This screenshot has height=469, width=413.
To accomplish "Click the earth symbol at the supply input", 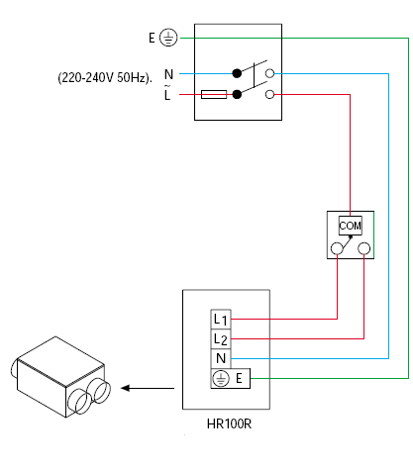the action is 168,38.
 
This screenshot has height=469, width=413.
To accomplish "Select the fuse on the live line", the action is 214,94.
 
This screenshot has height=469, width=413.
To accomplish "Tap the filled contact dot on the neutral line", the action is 237,73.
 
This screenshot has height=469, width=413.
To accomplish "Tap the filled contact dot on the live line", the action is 237,94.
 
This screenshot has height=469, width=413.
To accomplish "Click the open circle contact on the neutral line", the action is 270,73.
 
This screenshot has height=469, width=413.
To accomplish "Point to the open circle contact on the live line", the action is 270,95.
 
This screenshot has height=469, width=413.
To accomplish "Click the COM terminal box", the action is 351,226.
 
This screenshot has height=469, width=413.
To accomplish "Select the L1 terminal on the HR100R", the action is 221,319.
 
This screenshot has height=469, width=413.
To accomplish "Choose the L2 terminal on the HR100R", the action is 221,338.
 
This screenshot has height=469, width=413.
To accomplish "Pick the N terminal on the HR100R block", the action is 221,358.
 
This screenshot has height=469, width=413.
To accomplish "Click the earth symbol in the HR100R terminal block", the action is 221,378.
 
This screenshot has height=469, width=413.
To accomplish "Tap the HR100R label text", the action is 229,423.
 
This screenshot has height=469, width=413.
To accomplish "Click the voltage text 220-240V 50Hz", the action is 105,78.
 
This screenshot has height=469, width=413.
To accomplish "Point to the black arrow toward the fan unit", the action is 148,388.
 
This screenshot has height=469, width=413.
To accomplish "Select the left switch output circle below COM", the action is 337,248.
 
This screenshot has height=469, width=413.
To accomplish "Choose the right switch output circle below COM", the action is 363,248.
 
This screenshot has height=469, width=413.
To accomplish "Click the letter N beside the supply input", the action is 168,74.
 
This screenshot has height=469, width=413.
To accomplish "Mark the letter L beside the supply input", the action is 167,93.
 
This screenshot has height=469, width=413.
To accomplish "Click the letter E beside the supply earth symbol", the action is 152,38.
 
